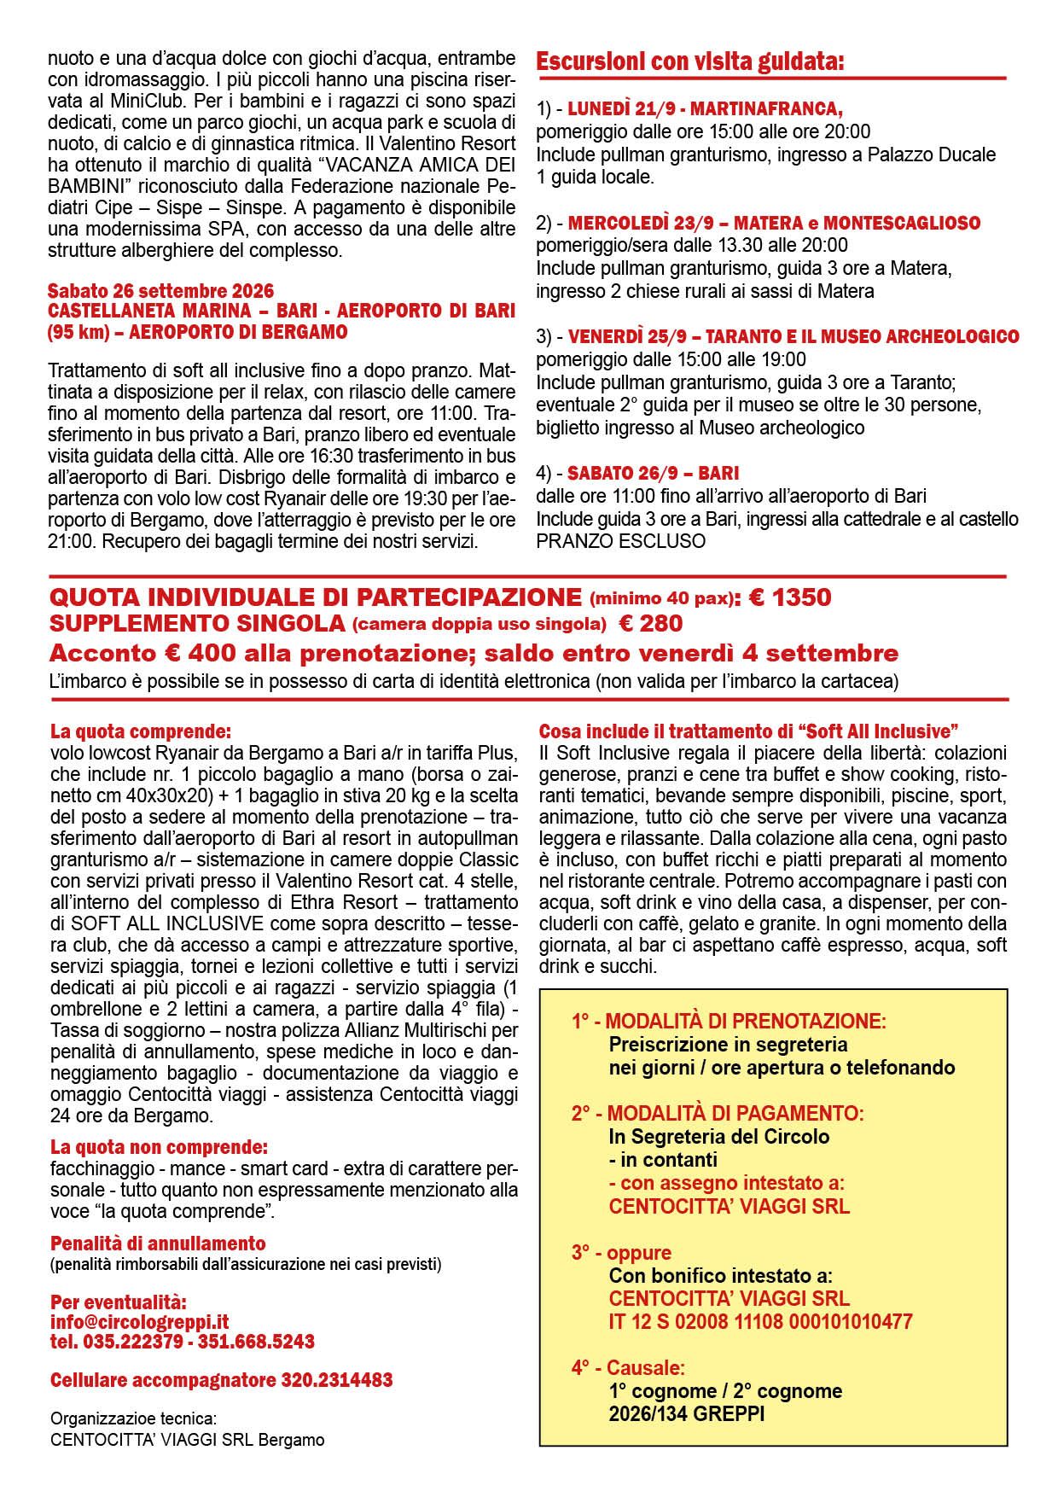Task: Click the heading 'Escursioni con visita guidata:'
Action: [689, 61]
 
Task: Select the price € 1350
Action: [790, 597]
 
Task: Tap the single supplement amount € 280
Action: [650, 624]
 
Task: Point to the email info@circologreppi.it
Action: [139, 1322]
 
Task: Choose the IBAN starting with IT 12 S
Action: [760, 1322]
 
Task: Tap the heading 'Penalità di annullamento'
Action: [158, 1244]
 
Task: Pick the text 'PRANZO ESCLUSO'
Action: [620, 541]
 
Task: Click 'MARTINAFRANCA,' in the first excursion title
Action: [766, 109]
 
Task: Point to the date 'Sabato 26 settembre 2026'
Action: [160, 291]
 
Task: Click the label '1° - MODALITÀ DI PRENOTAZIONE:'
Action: [729, 1021]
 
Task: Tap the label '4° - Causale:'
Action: [628, 1368]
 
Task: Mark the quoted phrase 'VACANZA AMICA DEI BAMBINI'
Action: [282, 175]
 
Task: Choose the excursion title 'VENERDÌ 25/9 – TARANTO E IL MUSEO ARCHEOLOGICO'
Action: [793, 336]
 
